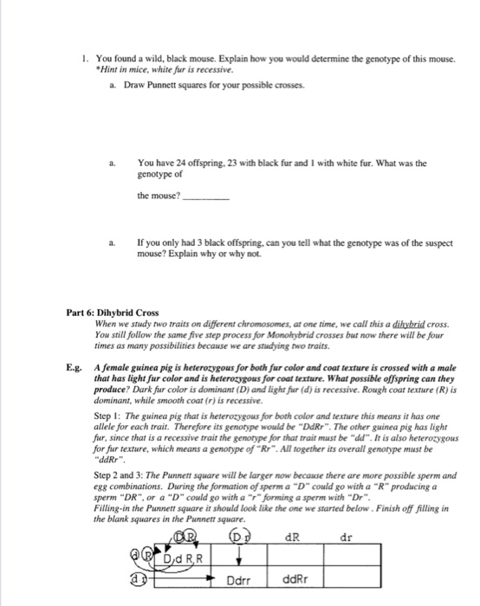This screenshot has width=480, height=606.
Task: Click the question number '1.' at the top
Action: pos(79,58)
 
